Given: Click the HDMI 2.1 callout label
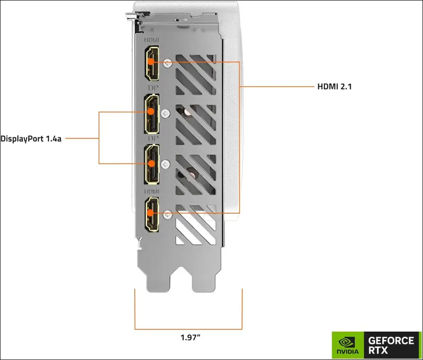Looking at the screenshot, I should pyautogui.click(x=335, y=87).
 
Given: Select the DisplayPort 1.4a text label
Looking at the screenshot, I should pyautogui.click(x=31, y=138).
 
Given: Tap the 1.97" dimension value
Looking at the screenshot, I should pyautogui.click(x=191, y=337).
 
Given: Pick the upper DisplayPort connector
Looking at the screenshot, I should pyautogui.click(x=151, y=112).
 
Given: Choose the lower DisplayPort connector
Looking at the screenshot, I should pyautogui.click(x=151, y=163).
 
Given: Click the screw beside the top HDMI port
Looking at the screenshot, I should pyautogui.click(x=169, y=63).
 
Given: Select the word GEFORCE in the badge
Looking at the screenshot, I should pyautogui.click(x=391, y=340).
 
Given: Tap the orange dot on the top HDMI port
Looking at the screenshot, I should pyautogui.click(x=151, y=62).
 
